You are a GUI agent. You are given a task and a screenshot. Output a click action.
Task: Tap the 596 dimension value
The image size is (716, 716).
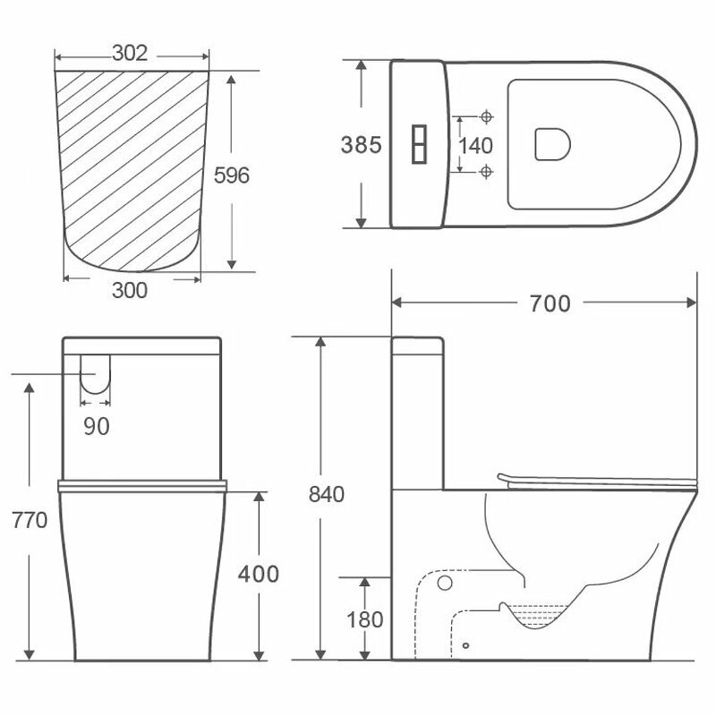pos(231,175)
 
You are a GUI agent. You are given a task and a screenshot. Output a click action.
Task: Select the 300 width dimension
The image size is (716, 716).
pos(131,289)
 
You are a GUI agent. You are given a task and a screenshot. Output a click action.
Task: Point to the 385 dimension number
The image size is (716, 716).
pos(361,145)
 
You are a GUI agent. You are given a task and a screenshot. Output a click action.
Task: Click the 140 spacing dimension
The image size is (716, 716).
pos(475,145)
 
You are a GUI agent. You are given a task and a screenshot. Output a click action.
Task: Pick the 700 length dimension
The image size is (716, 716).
pos(550,304)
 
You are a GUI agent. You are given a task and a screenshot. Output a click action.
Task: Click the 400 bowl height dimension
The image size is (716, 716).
pos(260,574)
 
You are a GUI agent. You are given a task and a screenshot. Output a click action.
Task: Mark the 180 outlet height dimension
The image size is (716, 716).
pos(365,618)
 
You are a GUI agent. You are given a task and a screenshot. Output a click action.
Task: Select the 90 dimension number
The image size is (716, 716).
pos(97,427)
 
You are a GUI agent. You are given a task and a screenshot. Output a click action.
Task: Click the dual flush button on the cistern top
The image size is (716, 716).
pos(420,145)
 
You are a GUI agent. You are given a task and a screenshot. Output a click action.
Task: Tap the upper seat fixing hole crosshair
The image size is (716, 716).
pos(487,117)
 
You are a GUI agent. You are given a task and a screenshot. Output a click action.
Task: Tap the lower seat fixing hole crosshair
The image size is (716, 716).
pos(487,171)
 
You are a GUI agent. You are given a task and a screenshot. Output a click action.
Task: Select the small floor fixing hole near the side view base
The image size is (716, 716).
pos(466,644)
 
